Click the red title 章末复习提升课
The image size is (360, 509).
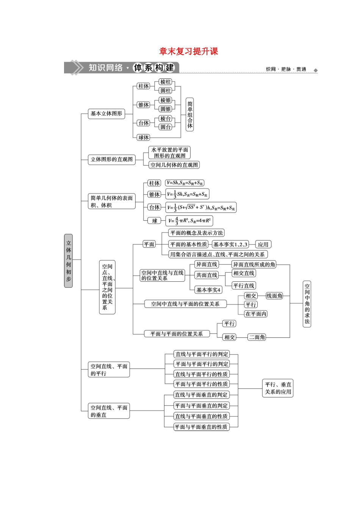[188, 51]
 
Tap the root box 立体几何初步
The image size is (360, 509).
[68, 261]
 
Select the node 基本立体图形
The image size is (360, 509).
[106, 113]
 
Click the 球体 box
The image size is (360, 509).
[144, 137]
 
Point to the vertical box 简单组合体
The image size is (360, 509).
[190, 114]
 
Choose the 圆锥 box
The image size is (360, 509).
[166, 109]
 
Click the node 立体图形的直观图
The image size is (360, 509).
[112, 159]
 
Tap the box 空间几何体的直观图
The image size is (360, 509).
[174, 165]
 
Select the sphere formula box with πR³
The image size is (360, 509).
[189, 220]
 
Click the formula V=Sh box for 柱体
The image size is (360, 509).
[185, 183]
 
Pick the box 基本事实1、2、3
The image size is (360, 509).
[230, 244]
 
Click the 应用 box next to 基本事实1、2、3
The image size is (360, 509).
[263, 244]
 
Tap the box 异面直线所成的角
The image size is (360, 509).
[254, 264]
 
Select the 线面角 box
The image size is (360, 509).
[274, 296]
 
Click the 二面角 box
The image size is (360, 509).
[257, 337]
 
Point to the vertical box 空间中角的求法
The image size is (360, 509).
[307, 304]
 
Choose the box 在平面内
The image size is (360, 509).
[256, 314]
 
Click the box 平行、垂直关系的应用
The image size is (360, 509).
[278, 388]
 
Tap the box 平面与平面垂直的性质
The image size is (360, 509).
[201, 427]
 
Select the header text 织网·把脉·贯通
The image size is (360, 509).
[286, 69]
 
